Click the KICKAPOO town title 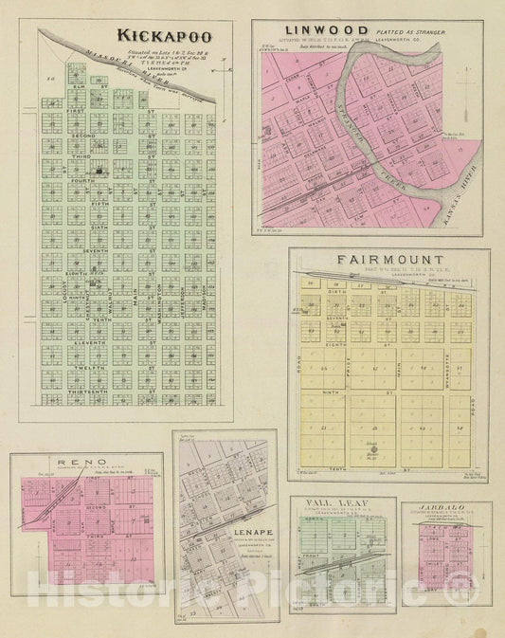coord(166,37)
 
